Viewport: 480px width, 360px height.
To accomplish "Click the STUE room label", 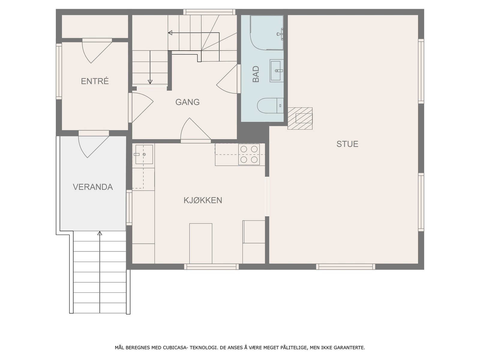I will pos(347,144).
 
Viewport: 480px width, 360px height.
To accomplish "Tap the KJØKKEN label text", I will pos(203,200).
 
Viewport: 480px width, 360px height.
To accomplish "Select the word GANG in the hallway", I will pos(187,102).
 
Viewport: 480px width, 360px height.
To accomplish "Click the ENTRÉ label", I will pos(94,81).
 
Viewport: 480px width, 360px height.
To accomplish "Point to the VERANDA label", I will pos(93,187).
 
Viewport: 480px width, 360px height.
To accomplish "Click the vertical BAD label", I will pos(256,74).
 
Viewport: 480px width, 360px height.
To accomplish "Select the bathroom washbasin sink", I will pos(277,70).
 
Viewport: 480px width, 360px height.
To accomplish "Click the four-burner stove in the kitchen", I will pos(249,154).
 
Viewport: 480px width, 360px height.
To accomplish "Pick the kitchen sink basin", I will pos(144,154).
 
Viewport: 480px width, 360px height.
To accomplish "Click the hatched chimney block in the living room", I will pos(300,118).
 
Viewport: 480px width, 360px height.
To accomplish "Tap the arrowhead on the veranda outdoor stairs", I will pos(100,233).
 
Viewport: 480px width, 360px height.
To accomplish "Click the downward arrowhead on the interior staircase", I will pos(150,82).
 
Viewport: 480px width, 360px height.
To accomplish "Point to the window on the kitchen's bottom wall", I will pos(211,266).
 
